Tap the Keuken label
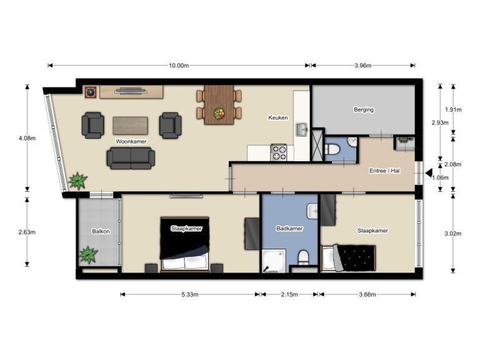(277, 117)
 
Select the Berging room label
(363, 110)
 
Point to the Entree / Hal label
(384, 170)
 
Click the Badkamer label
(289, 229)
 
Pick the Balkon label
(101, 231)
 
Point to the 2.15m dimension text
(289, 294)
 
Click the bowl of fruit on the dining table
(219, 114)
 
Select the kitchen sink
(302, 130)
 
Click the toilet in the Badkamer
(303, 258)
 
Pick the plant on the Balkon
(88, 255)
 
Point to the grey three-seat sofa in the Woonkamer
(130, 158)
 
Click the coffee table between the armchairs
(130, 126)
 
